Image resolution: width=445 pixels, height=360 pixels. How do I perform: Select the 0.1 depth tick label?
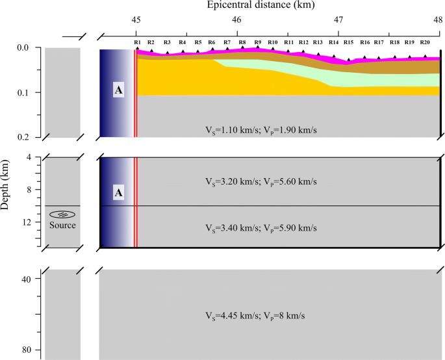tap(23, 93)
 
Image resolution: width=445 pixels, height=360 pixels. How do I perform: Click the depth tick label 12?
tap(27, 222)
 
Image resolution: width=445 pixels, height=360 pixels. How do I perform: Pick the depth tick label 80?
tap(27, 350)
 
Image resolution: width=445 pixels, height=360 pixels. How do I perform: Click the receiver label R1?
tap(137, 42)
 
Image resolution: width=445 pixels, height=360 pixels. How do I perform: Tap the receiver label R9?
tap(257, 42)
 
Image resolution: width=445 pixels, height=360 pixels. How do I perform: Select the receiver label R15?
tap(348, 42)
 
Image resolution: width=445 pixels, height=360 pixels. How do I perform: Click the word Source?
tap(62, 225)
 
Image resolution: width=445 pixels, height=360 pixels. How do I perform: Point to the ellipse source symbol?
tap(62, 215)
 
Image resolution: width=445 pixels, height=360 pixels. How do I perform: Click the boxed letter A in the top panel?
tap(118, 90)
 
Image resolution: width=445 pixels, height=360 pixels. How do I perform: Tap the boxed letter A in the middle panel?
tap(118, 192)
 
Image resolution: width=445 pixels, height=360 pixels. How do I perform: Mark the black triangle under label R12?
tap(302, 51)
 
